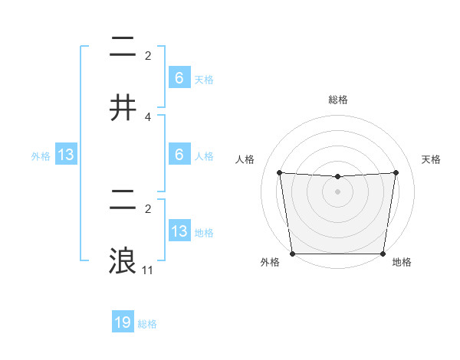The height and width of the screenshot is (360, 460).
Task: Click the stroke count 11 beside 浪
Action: (148, 270)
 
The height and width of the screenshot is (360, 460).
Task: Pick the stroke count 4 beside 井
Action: (148, 117)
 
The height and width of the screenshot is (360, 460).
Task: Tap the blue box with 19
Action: (123, 322)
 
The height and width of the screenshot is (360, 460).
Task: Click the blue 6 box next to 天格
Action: (179, 78)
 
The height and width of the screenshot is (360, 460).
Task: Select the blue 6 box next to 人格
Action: (179, 155)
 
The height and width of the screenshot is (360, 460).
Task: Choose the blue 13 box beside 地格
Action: (179, 231)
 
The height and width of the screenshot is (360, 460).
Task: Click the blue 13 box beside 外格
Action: (66, 155)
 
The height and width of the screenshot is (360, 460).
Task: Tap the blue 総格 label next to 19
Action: (147, 324)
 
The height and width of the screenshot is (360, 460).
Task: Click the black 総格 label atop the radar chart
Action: (338, 100)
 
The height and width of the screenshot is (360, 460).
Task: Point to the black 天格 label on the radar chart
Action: (432, 159)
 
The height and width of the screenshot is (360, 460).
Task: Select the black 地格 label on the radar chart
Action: (402, 263)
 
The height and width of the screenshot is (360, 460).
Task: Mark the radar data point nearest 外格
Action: (293, 254)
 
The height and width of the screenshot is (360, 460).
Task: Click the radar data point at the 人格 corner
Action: (279, 172)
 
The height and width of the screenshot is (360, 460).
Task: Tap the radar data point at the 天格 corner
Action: (396, 172)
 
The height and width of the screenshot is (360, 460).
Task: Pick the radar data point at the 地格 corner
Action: (383, 254)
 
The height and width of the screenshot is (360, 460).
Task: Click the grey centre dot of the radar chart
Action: (338, 191)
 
